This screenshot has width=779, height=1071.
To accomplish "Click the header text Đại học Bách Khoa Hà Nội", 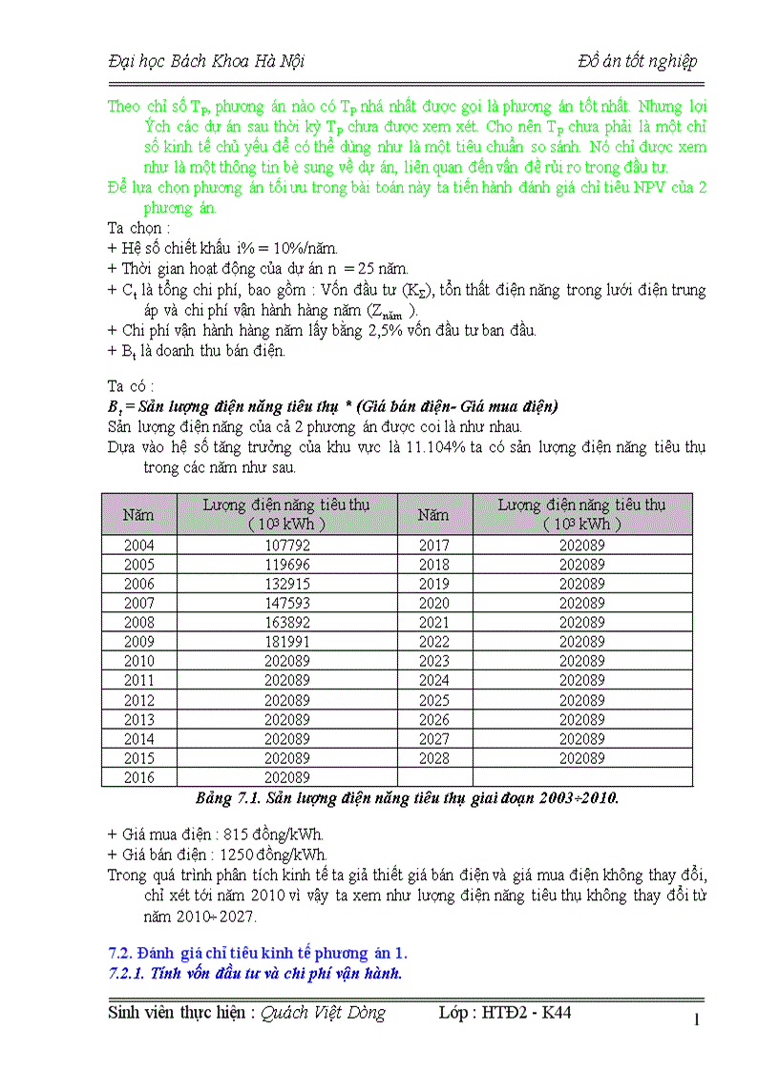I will click(x=206, y=61).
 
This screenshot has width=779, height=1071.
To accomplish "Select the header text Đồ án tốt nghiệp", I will click(x=638, y=61).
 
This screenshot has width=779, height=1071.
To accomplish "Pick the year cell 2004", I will click(x=138, y=546).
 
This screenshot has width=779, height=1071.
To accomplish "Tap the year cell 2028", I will click(x=433, y=758).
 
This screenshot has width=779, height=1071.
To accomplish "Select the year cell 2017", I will click(x=433, y=546).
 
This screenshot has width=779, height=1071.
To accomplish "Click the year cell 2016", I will click(x=138, y=777).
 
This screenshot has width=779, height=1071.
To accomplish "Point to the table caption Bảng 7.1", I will click(x=224, y=798).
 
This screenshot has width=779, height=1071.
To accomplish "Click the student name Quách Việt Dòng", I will click(x=324, y=1013).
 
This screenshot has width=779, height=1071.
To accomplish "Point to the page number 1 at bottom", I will click(x=697, y=1020).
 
